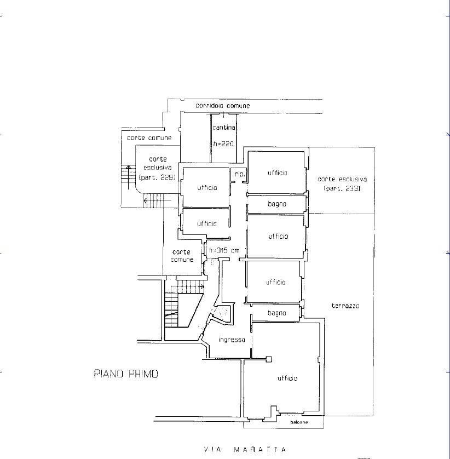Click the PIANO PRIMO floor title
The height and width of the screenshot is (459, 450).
126,374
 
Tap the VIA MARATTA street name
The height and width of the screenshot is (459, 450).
245,449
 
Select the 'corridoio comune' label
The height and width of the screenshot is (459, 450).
223,106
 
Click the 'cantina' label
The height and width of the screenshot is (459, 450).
224,128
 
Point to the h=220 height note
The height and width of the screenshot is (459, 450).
223,144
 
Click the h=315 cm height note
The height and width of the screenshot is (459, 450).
224,250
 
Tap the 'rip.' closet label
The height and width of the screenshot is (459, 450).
240,175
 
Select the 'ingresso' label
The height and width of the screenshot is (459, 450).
232,340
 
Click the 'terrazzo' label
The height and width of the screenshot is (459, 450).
345,306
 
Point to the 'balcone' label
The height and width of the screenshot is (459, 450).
299,422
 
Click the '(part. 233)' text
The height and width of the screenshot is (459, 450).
342,188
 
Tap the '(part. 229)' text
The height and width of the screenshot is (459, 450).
157,177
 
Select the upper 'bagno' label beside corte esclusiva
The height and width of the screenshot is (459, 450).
277,204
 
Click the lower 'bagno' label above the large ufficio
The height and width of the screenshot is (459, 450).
277,313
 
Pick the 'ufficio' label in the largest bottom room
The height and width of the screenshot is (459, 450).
287,378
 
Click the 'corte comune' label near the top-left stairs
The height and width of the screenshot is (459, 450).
149,138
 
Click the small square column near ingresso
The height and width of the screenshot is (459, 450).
269,359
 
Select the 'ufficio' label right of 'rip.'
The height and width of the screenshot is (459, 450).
278,173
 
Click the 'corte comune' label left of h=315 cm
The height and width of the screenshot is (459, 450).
182,256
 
